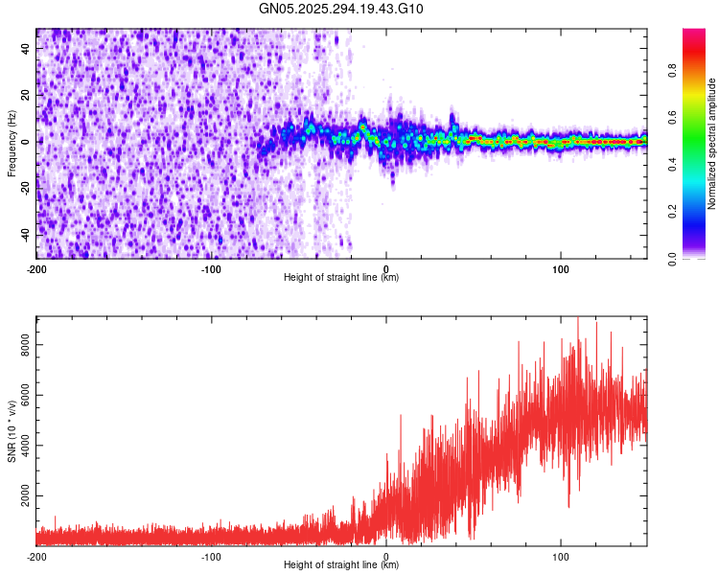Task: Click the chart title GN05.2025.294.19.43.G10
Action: click(341, 10)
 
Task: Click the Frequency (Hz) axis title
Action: click(12, 143)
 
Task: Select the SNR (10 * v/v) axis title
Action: click(12, 430)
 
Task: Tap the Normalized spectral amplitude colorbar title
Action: click(712, 144)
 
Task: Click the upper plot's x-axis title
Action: click(341, 277)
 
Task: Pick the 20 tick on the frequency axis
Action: click(27, 95)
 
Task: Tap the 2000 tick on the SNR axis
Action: click(21, 499)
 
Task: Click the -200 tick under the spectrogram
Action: click(36, 268)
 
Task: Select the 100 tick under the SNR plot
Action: click(560, 556)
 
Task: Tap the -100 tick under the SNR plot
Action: click(211, 556)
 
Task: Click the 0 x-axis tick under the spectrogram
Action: click(385, 268)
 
